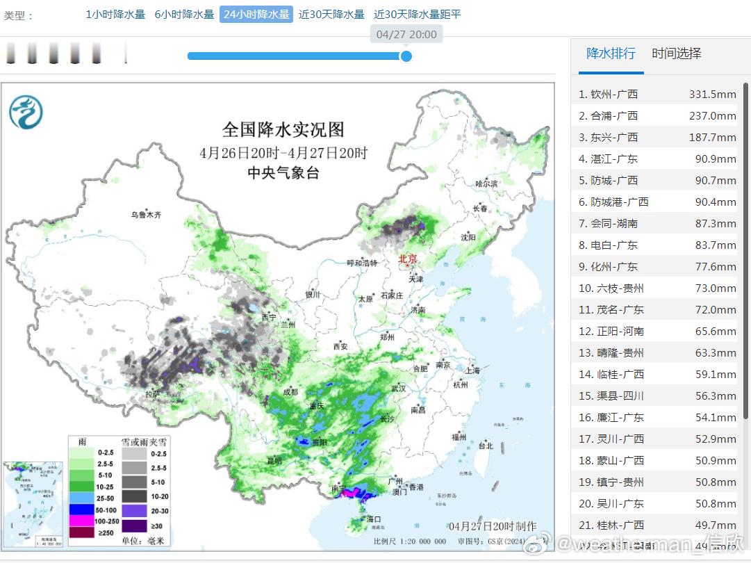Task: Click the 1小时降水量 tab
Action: [115, 15]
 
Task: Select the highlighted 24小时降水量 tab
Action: [256, 15]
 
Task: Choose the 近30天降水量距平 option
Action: [417, 15]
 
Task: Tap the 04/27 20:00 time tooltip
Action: [406, 34]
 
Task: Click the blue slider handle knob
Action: [406, 56]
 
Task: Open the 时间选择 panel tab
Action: [676, 54]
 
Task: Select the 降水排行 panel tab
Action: [611, 54]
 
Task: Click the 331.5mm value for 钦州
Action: [712, 94]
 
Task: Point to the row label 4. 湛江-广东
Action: [608, 158]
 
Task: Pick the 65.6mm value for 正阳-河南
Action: [716, 332]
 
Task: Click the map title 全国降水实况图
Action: [283, 129]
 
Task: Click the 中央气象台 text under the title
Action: [283, 173]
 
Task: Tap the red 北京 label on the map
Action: [407, 259]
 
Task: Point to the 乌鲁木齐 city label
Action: [146, 215]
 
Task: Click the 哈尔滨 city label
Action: [486, 183]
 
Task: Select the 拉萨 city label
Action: [153, 394]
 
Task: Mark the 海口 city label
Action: [374, 519]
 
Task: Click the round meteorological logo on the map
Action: [26, 113]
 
